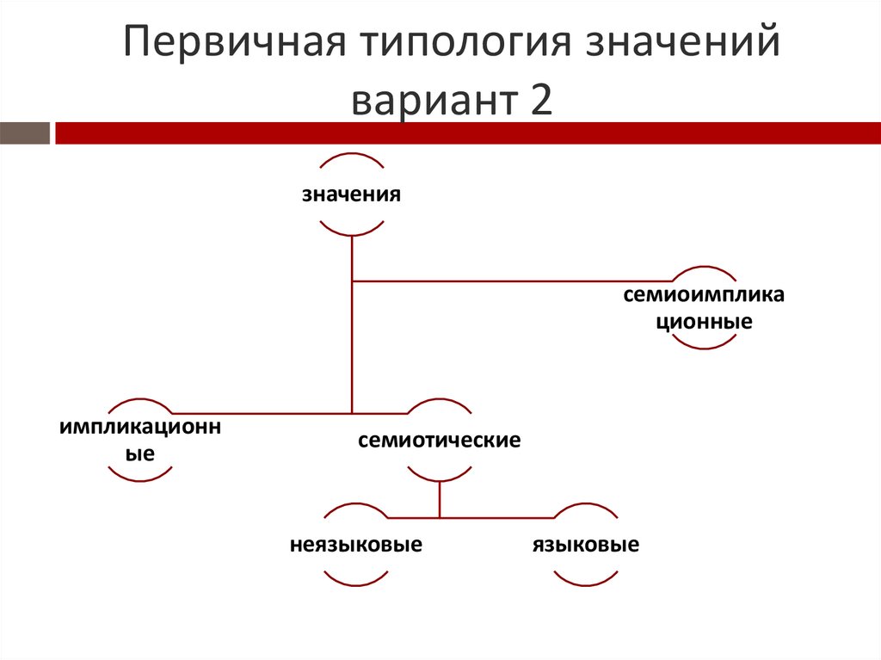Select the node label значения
coord(351,194)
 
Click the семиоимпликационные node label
coord(705,309)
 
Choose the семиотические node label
coord(440,441)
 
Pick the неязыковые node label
coord(355,546)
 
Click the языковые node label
coord(586,546)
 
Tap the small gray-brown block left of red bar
coord(25,133)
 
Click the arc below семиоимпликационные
coord(705,343)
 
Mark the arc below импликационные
coord(140,476)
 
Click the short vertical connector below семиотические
coord(440,499)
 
